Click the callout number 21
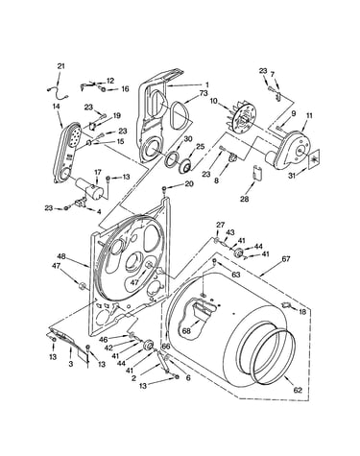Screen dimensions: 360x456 (x=60, y=66)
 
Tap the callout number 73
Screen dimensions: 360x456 (x=204, y=93)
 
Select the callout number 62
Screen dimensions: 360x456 (x=298, y=390)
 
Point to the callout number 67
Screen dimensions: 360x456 (x=285, y=258)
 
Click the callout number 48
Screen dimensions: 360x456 (x=61, y=256)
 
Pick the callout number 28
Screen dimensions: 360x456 (x=245, y=199)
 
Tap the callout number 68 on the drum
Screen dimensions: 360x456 (x=186, y=330)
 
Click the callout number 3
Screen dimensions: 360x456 (x=71, y=364)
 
